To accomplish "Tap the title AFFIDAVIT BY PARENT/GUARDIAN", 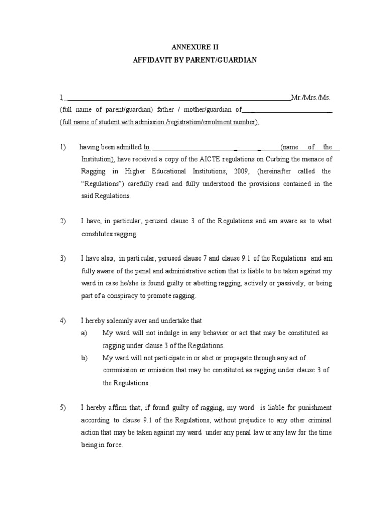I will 195,60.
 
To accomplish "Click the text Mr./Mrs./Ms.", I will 306,97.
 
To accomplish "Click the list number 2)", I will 63,221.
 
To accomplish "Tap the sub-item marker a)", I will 85,333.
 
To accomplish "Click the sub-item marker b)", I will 85,358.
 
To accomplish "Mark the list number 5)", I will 63,408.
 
